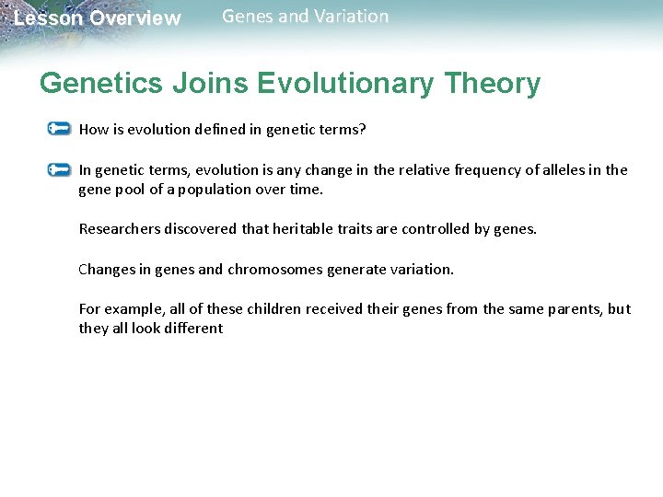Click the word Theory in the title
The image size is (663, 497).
coord(493,84)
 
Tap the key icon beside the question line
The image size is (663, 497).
coord(59,129)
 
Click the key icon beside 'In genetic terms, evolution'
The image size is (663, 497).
coord(59,169)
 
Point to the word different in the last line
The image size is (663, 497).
coord(192,329)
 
